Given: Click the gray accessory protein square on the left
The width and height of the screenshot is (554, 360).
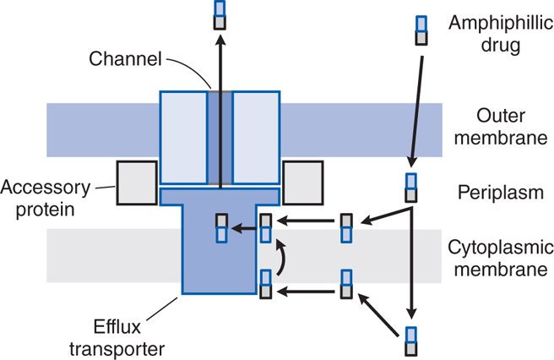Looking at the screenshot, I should click(x=136, y=180).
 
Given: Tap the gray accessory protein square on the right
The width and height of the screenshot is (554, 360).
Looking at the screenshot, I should click(x=301, y=180).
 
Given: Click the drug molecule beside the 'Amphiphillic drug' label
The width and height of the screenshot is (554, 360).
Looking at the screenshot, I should click(x=421, y=30).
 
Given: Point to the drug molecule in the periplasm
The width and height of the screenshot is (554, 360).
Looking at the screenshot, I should click(x=410, y=188).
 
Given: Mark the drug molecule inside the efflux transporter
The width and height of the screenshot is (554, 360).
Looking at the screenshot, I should click(x=221, y=228).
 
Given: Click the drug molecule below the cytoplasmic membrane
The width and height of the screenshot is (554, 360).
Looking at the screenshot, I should click(x=411, y=340).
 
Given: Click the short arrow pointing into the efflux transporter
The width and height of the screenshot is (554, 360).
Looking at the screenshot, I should click(x=245, y=227).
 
